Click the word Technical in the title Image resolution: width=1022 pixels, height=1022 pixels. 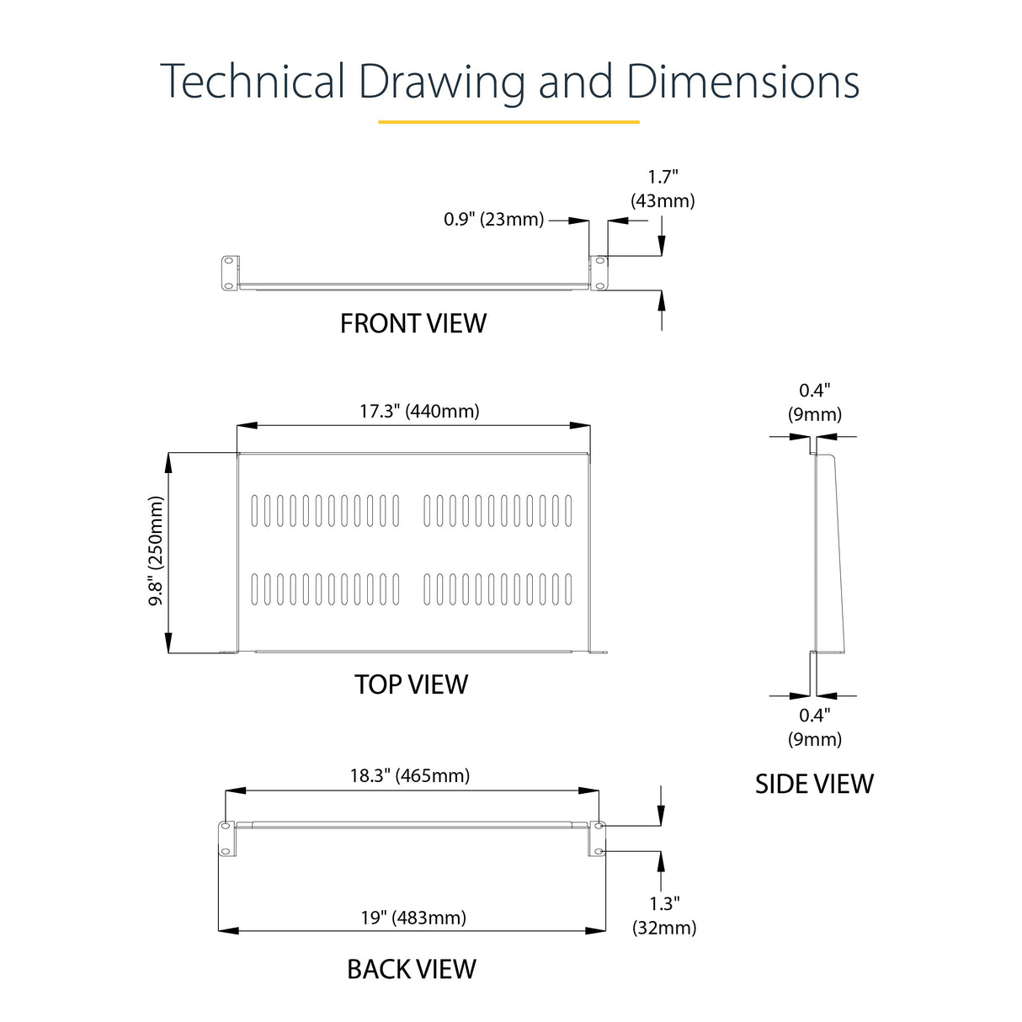coord(253,82)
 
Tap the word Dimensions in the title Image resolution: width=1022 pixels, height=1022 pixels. coord(743,82)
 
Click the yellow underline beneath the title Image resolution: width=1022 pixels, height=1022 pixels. coord(508,122)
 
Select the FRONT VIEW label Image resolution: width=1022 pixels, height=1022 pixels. coord(413,323)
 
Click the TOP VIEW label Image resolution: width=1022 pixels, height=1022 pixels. coord(411,684)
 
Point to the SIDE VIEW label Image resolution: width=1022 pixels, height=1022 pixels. coord(814,784)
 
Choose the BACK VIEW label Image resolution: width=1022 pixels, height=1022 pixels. coord(411,969)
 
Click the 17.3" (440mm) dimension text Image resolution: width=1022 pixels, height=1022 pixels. coord(419,411)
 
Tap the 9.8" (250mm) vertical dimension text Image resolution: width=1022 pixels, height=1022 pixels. coord(157,551)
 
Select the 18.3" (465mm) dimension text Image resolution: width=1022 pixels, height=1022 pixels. coord(410,775)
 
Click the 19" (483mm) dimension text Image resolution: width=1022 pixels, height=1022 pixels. coord(413,917)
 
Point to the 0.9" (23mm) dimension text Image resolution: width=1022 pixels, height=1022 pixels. coord(493,220)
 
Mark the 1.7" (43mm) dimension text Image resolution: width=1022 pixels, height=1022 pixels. coord(663,189)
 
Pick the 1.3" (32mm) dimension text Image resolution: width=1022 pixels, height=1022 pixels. coord(664,915)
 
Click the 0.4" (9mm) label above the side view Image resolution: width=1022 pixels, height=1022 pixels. coord(814,402)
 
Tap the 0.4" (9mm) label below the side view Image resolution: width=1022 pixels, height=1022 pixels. coord(814,727)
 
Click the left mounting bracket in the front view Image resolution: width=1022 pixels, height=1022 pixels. coord(228,274)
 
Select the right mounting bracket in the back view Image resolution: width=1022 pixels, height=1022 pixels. coord(598,838)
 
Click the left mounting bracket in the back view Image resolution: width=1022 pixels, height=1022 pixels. coord(226,838)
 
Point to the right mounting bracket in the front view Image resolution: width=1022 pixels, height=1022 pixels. coord(599,274)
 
